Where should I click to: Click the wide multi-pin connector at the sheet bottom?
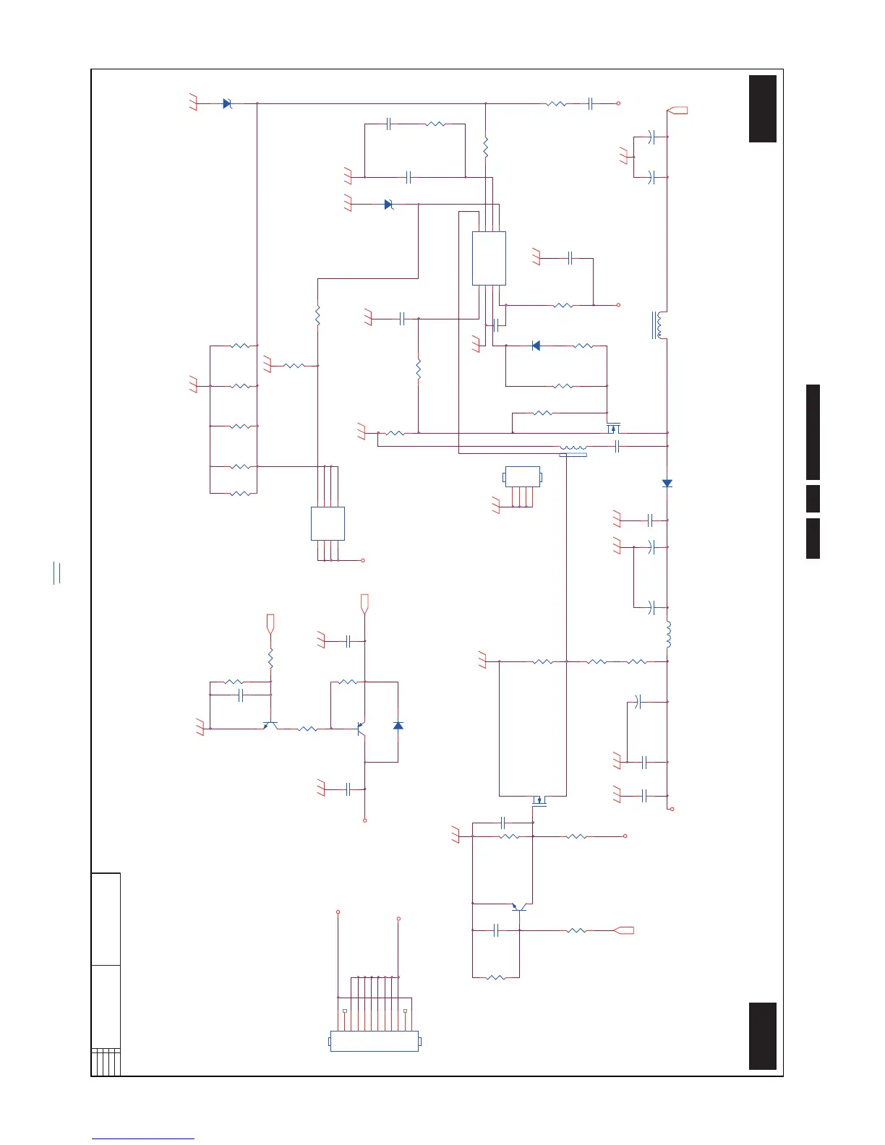click(x=375, y=1041)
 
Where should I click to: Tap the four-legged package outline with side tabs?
click(x=522, y=477)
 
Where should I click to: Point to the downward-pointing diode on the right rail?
click(x=667, y=483)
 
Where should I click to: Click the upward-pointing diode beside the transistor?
click(x=398, y=725)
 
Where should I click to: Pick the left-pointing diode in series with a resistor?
click(x=536, y=346)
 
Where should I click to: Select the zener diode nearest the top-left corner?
click(x=227, y=103)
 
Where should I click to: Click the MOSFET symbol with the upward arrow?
click(x=613, y=428)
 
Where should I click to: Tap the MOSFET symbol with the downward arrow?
click(x=539, y=799)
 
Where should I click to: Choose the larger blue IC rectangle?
click(x=489, y=258)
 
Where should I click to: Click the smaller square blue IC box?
click(x=328, y=523)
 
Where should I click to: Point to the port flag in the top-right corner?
click(x=677, y=111)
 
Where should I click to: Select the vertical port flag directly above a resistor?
click(x=270, y=623)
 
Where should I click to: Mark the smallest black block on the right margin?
click(x=813, y=499)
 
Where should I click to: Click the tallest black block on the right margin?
click(x=813, y=432)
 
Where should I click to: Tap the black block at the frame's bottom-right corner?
click(x=763, y=1036)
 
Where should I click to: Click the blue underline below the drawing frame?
click(x=143, y=1139)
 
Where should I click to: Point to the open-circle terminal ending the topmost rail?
click(x=619, y=103)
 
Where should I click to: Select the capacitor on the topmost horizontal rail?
click(x=591, y=103)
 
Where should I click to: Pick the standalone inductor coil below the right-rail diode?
click(x=668, y=634)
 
